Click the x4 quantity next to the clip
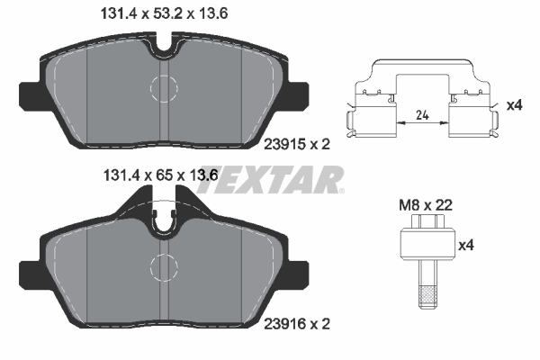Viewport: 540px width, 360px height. click(x=514, y=105)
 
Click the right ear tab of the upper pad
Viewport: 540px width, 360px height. click(x=299, y=93)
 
